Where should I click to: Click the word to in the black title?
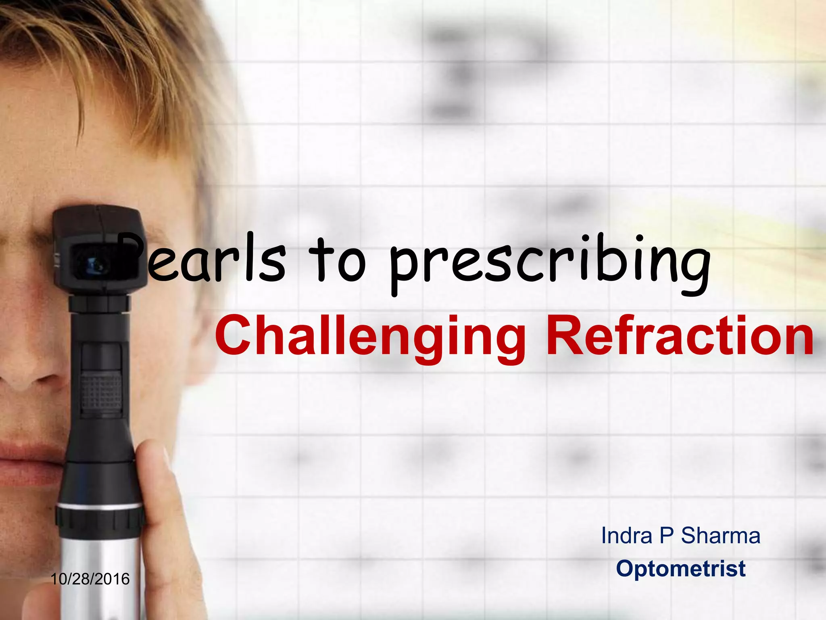(337, 260)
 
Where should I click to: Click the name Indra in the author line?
(626, 536)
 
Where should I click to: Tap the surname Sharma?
(721, 536)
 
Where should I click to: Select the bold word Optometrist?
(680, 569)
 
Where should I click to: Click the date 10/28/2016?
(90, 579)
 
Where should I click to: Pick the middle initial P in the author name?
(666, 536)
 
